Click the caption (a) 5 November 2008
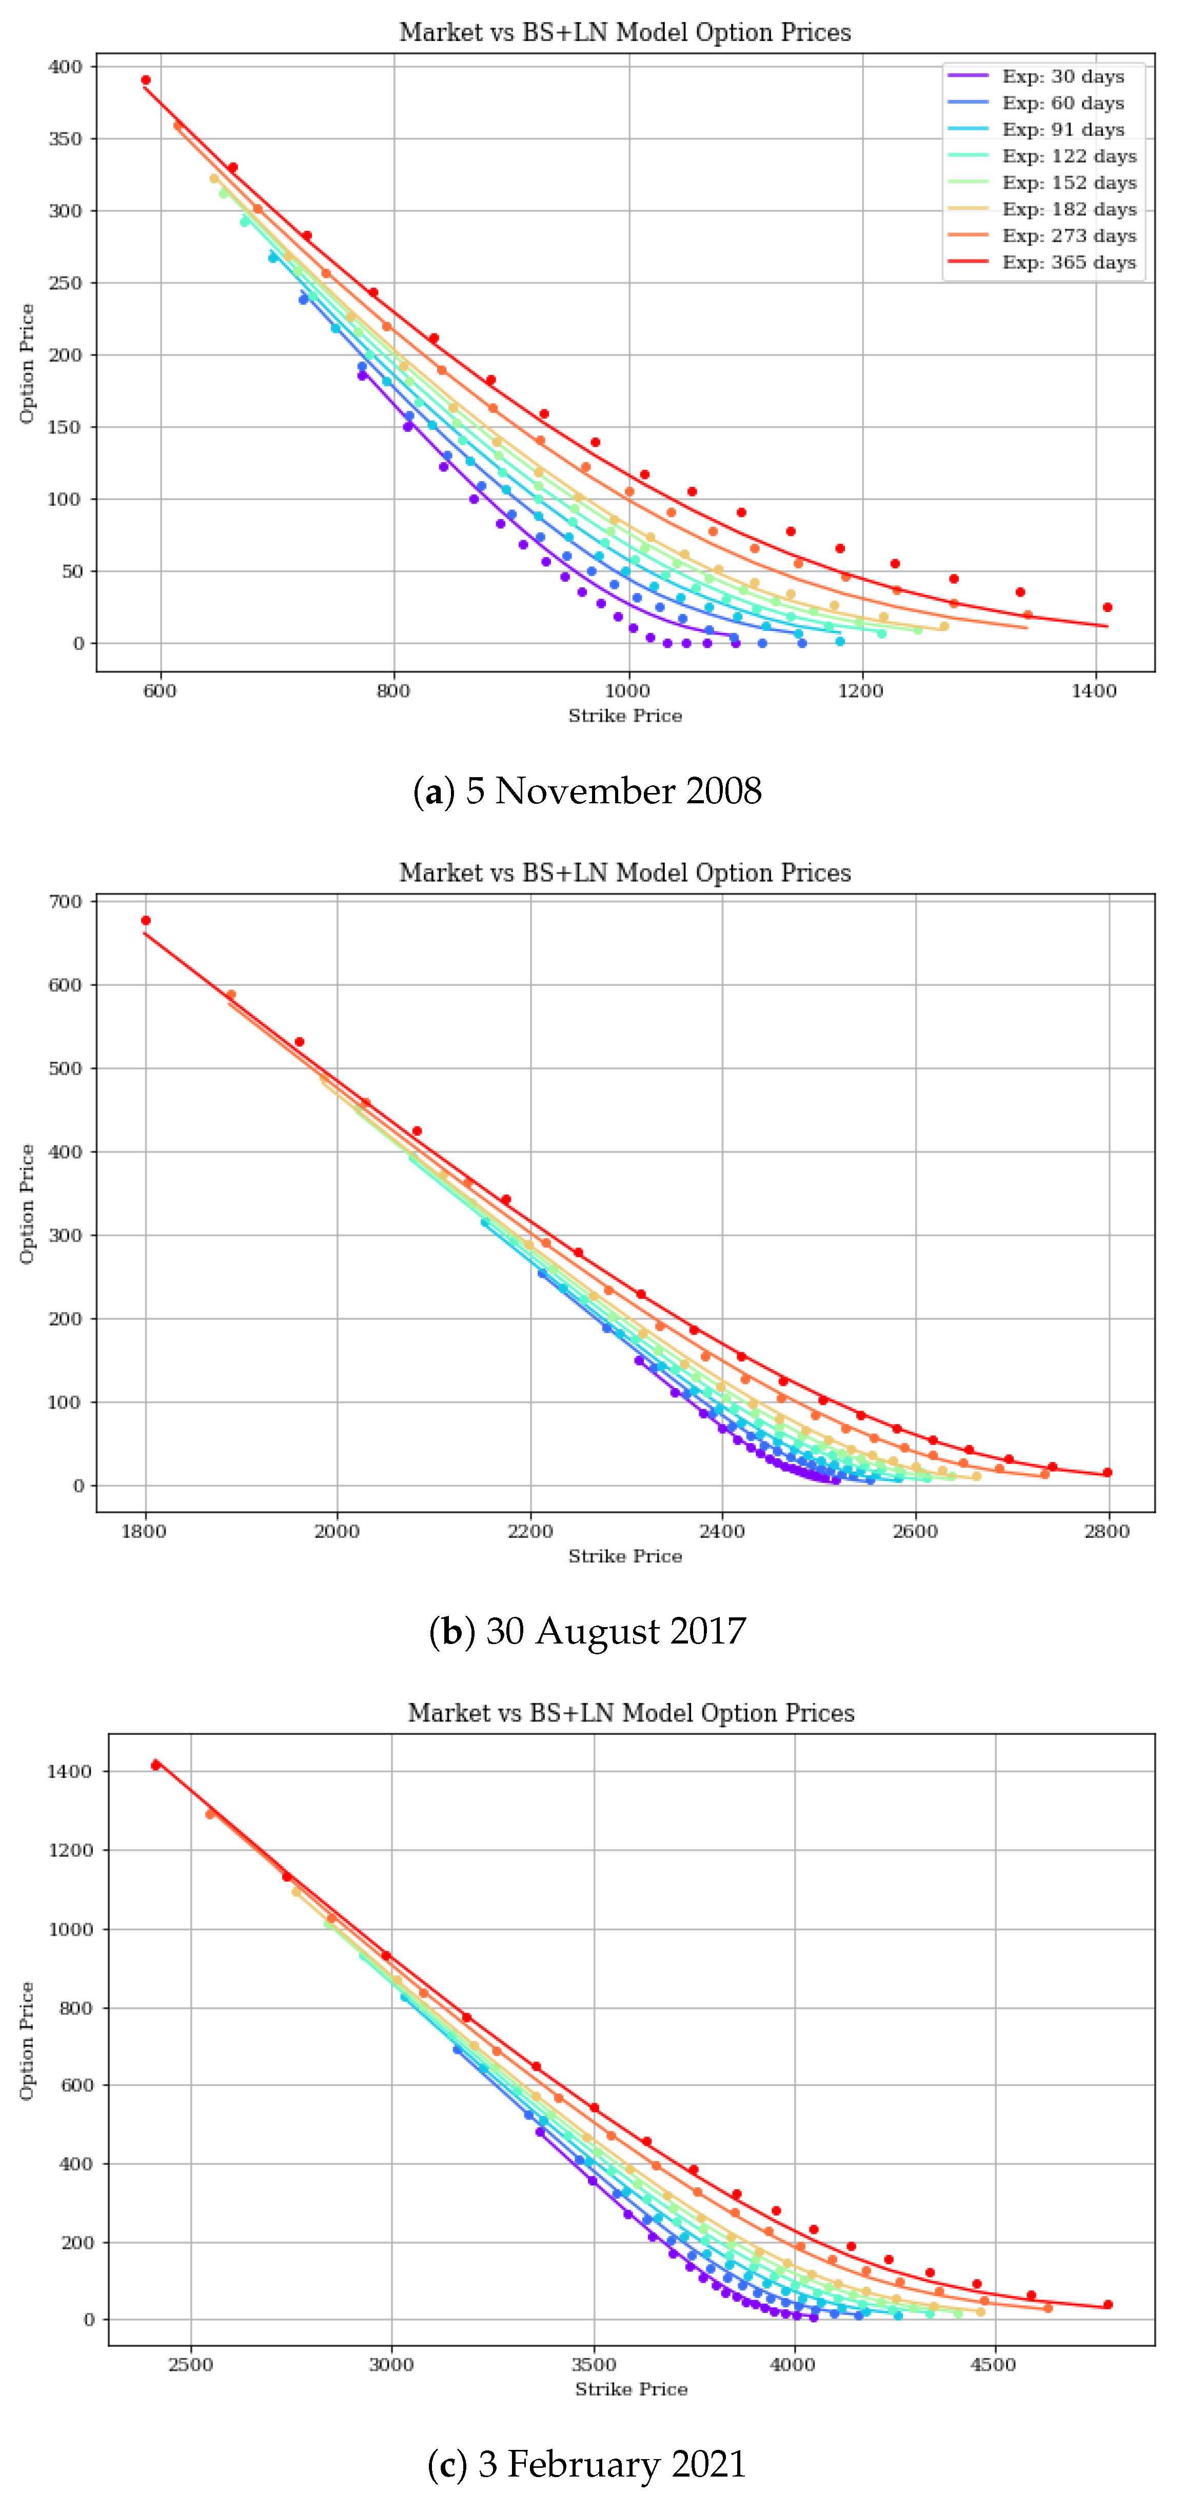(x=587, y=791)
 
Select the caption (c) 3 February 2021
(x=587, y=2463)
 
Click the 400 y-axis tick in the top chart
(x=66, y=67)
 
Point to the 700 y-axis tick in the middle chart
(x=66, y=901)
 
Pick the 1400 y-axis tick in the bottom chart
(x=70, y=1771)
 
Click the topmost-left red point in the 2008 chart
(x=145, y=81)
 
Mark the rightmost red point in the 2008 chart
(x=1108, y=607)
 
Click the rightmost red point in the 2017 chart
(x=1108, y=1473)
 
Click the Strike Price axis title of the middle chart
(x=625, y=1556)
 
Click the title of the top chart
(x=625, y=32)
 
